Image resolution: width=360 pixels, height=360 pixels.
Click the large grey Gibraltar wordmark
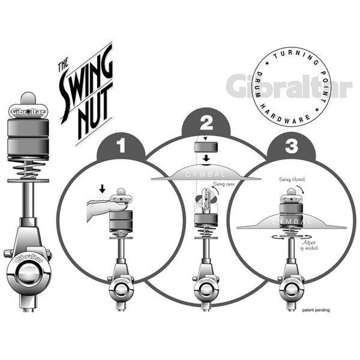click(x=289, y=86)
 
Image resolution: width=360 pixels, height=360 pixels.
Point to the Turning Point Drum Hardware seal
click(x=292, y=86)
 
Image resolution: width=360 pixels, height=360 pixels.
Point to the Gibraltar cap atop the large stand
click(x=29, y=110)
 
